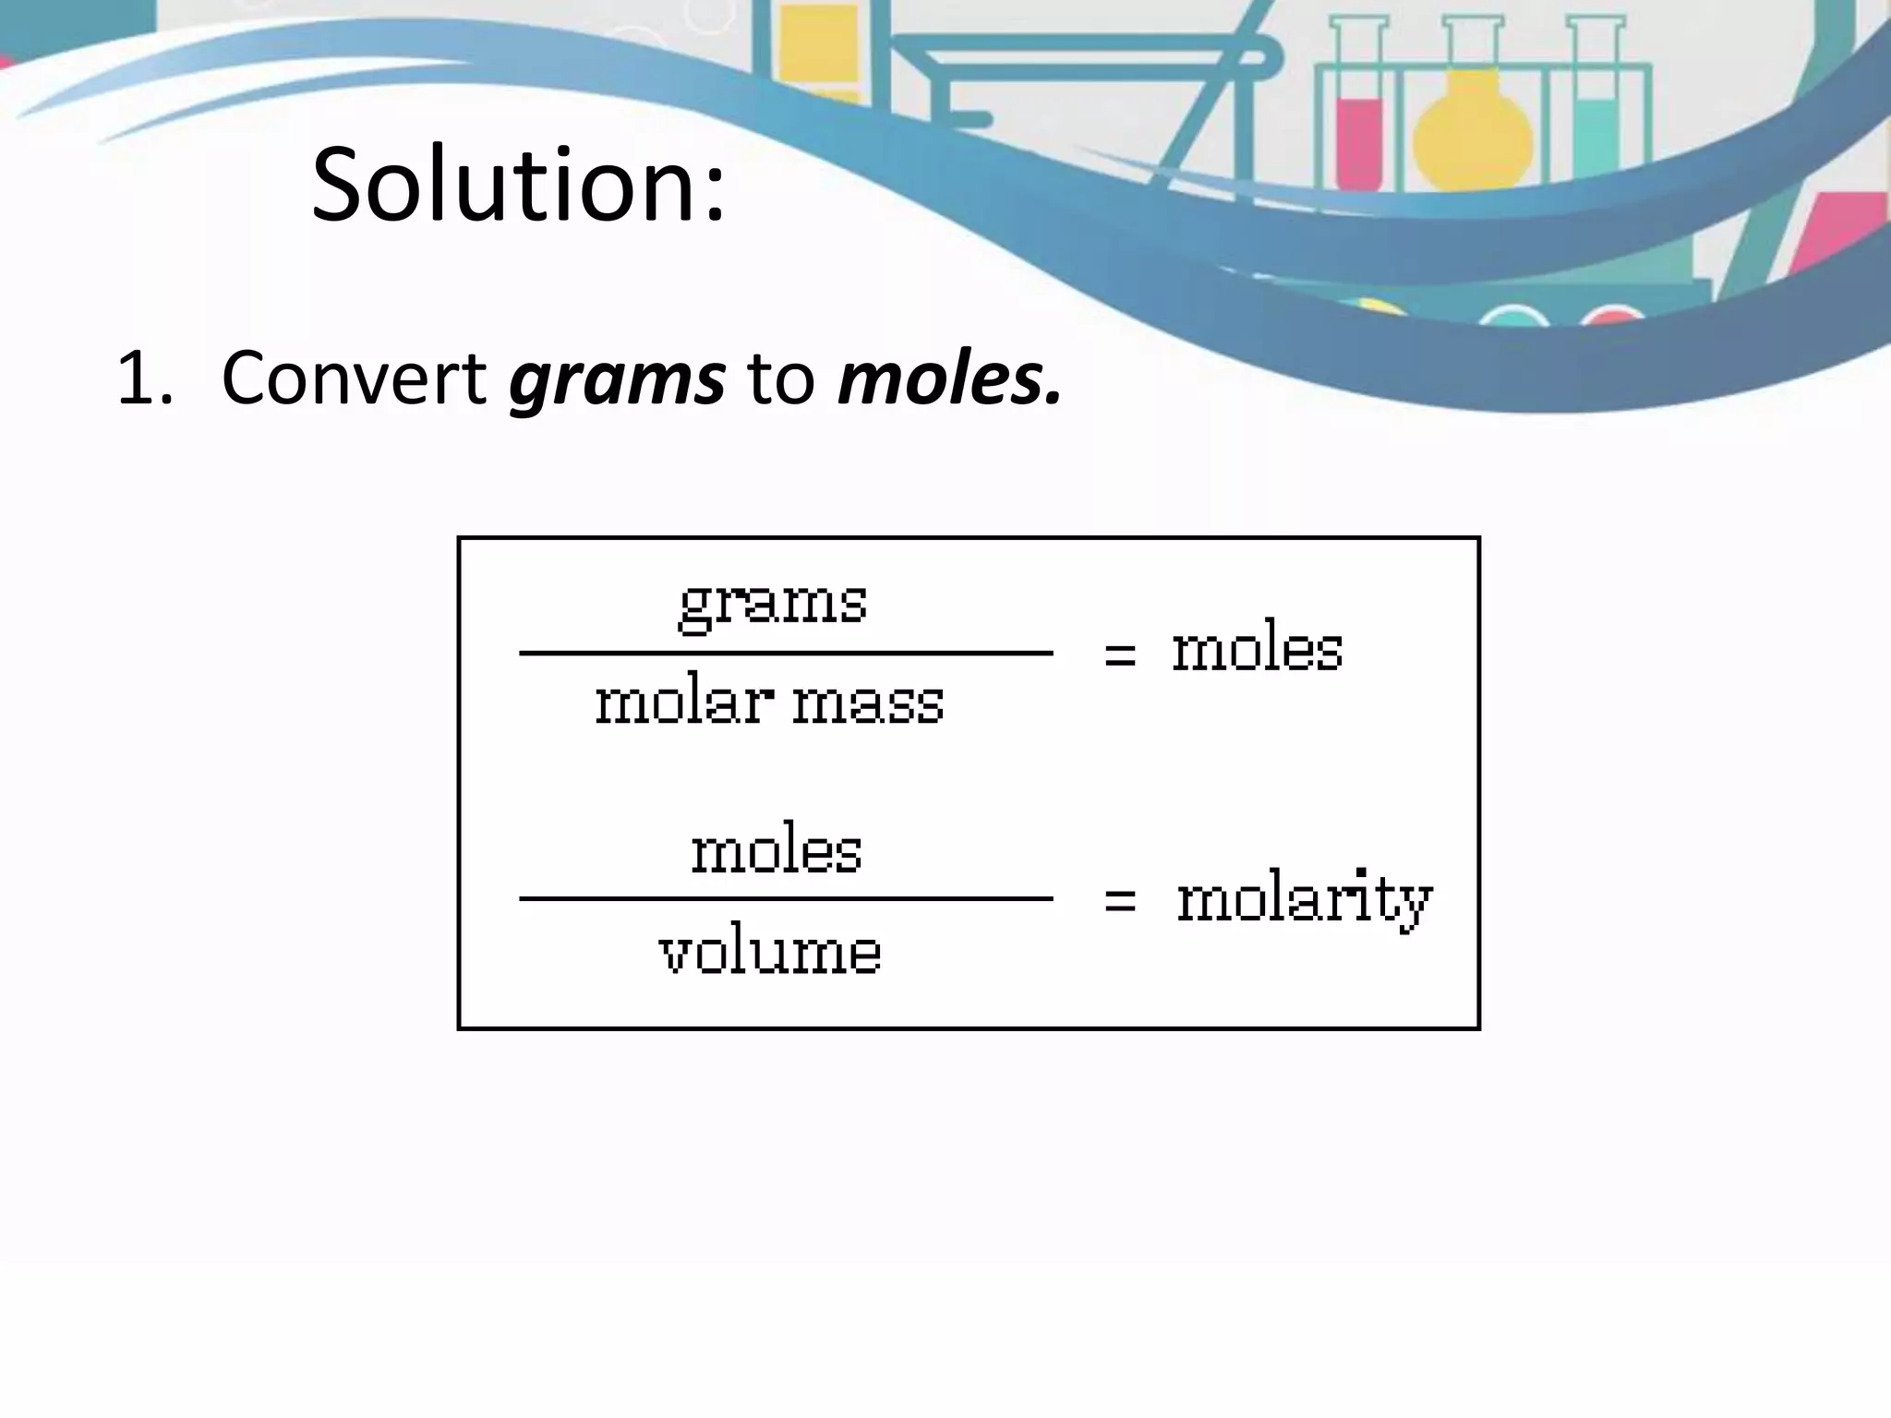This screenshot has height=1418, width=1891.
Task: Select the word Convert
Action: point(355,379)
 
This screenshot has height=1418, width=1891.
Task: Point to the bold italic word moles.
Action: point(948,379)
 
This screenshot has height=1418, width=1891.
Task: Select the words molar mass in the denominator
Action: point(769,703)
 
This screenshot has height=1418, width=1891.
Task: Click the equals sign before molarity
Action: point(1120,900)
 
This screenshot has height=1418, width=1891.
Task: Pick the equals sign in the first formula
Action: point(1120,655)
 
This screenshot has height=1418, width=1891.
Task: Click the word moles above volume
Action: point(777,850)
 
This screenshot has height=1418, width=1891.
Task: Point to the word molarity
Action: point(1304,900)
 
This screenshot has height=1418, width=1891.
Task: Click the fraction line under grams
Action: point(786,653)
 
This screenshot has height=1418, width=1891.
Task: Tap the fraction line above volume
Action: point(786,897)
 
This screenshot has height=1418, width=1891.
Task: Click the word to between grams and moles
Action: point(781,379)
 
